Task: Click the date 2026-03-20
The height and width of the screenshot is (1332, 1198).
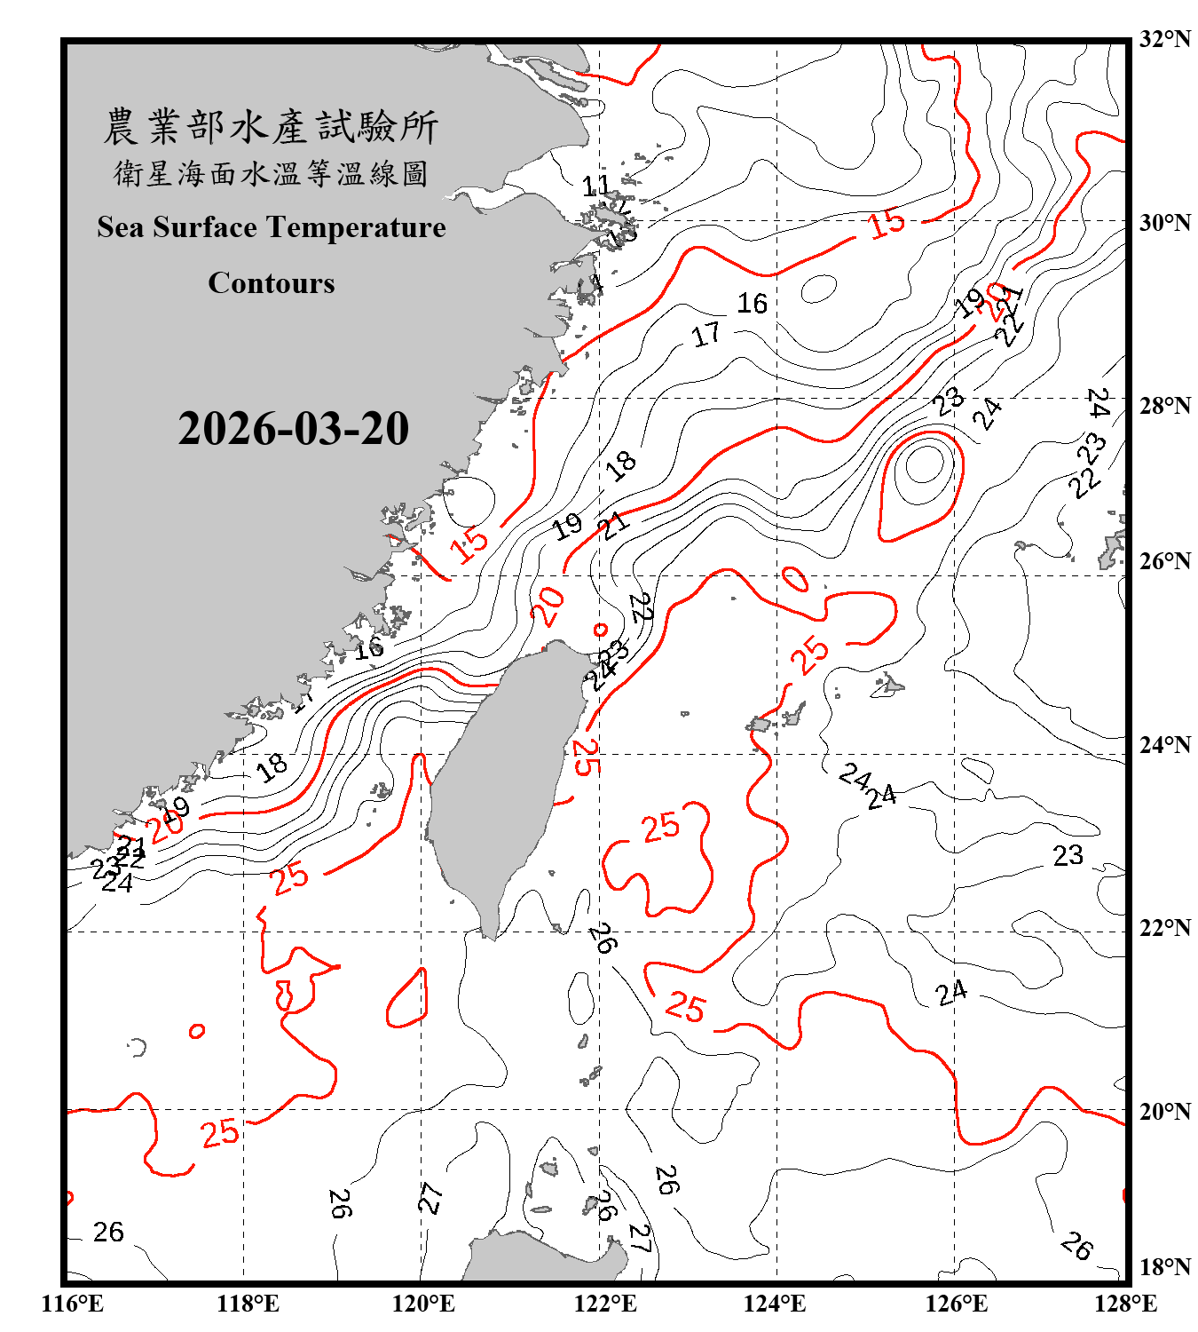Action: tap(293, 429)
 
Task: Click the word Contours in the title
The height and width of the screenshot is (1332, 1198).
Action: tap(272, 283)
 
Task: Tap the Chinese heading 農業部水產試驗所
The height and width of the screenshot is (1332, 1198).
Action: tap(271, 126)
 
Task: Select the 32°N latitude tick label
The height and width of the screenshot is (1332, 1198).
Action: tap(1164, 39)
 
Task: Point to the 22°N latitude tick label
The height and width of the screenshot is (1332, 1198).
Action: tap(1164, 928)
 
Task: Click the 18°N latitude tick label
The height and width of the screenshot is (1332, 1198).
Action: tap(1164, 1267)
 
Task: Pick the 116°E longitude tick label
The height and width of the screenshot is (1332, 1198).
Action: tap(73, 1304)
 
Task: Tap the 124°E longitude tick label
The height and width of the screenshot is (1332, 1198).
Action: tap(775, 1304)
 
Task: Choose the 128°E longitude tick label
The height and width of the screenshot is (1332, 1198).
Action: tap(1125, 1304)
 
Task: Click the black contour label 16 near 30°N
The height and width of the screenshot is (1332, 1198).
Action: tap(752, 304)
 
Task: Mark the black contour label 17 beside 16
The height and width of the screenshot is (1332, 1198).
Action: tap(706, 335)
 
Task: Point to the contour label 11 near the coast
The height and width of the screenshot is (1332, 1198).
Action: tap(595, 186)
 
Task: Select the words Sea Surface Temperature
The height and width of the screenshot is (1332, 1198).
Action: tap(272, 227)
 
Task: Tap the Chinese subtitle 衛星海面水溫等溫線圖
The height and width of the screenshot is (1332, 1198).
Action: tap(271, 173)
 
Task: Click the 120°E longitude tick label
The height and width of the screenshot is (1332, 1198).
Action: tap(423, 1304)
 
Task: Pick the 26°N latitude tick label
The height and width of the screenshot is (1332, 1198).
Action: tap(1164, 561)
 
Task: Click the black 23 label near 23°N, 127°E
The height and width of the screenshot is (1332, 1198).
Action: tap(1068, 855)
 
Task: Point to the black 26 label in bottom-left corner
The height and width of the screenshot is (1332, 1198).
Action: tap(108, 1232)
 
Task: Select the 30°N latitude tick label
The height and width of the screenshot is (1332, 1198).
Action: tap(1164, 222)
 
